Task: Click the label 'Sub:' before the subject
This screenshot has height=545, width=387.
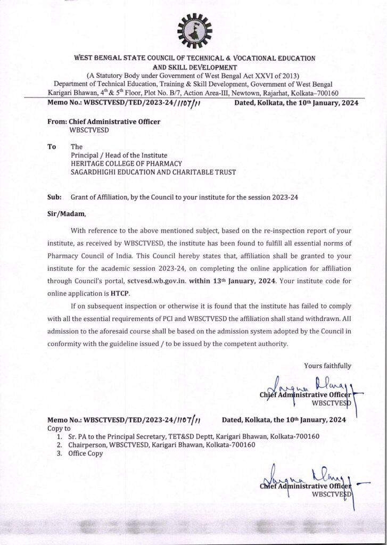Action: [54, 196]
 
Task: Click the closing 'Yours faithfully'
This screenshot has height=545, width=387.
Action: [327, 365]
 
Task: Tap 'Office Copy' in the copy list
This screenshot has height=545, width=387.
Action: [85, 453]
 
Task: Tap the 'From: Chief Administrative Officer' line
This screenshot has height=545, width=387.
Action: [104, 122]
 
